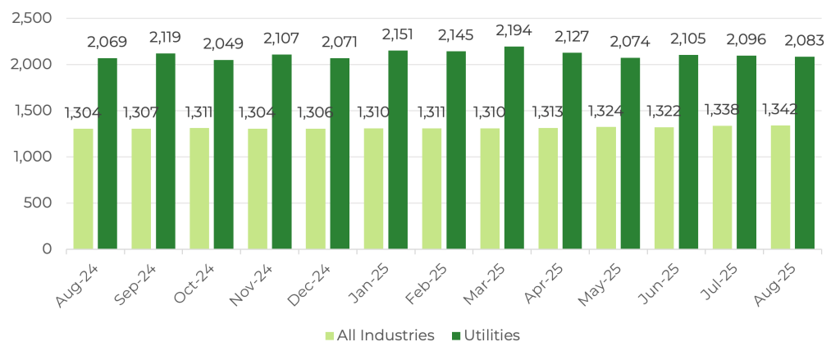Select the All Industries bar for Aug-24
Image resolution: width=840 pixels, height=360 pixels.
point(83,188)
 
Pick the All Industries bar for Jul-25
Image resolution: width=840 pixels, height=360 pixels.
point(722,186)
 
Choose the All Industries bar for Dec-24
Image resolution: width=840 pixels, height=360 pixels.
point(316,188)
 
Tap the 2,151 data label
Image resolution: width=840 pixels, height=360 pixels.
point(399,35)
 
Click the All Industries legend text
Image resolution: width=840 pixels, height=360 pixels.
point(386,335)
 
